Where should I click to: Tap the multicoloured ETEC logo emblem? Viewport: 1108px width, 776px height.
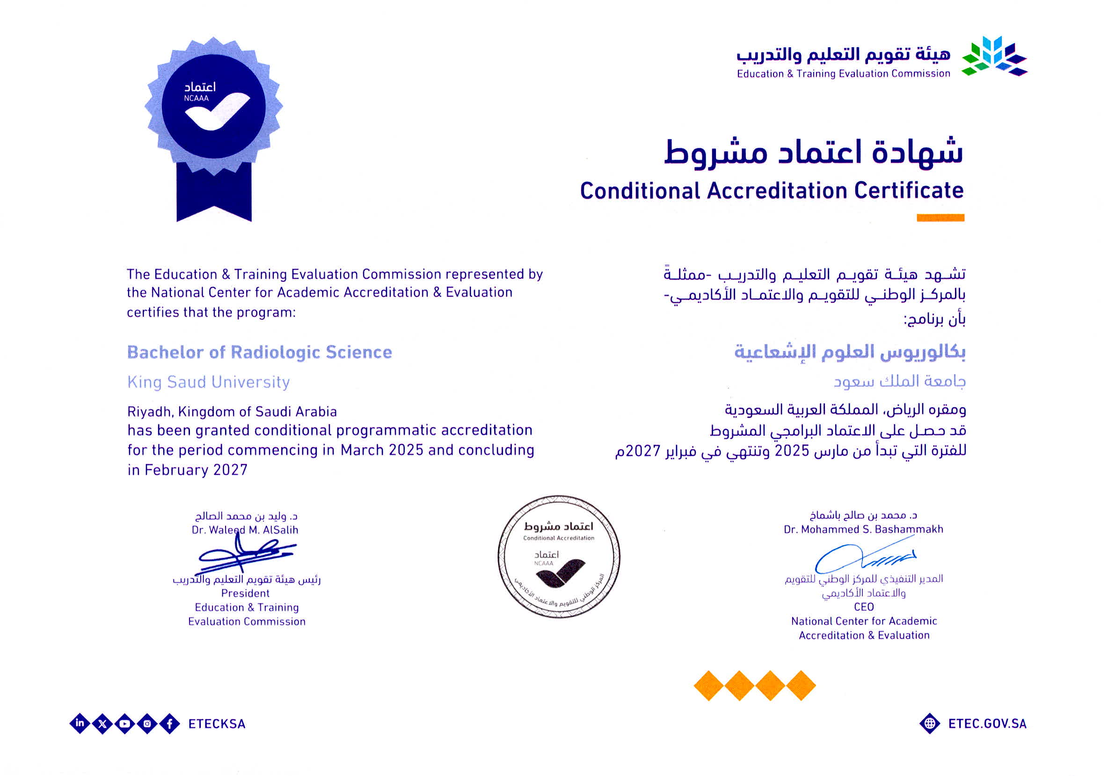point(995,57)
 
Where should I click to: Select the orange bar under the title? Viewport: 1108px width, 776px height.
point(940,218)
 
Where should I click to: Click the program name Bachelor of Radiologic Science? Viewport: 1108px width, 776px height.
point(260,352)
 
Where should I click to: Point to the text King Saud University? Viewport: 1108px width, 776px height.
point(209,382)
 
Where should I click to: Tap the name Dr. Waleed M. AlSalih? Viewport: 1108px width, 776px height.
point(245,529)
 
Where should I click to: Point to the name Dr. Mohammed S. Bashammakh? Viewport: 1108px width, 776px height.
point(863,529)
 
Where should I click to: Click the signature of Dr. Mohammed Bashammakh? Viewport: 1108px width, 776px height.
point(864,557)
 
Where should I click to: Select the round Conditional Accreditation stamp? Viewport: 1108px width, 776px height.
point(559,557)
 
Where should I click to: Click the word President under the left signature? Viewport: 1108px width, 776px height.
point(245,593)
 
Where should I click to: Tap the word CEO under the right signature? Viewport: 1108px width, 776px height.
point(864,607)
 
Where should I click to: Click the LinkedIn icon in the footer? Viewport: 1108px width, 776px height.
point(80,723)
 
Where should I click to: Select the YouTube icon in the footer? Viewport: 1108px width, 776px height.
point(125,724)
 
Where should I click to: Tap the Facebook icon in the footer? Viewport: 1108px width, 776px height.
point(170,724)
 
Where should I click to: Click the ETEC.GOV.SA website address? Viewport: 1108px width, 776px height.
point(987,724)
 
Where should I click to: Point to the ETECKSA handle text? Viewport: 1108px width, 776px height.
point(217,724)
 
